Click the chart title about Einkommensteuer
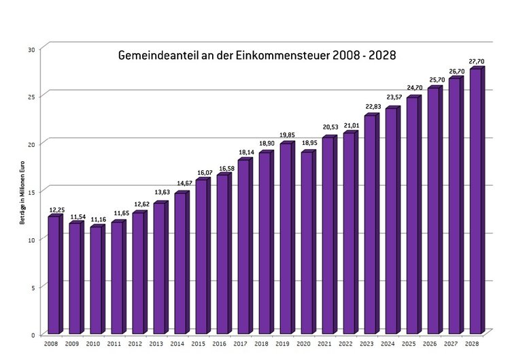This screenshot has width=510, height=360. click(x=257, y=54)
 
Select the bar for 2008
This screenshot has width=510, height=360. click(x=54, y=275)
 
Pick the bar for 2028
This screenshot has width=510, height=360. click(x=475, y=201)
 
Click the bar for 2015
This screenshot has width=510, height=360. click(x=201, y=257)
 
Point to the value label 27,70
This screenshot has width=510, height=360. click(x=477, y=61)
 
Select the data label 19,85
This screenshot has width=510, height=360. click(x=287, y=135)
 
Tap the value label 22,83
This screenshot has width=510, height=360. click(x=371, y=107)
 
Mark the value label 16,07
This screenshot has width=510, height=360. click(x=203, y=172)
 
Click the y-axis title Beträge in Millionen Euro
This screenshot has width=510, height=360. click(x=22, y=192)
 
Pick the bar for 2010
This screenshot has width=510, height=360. click(x=96, y=280)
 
